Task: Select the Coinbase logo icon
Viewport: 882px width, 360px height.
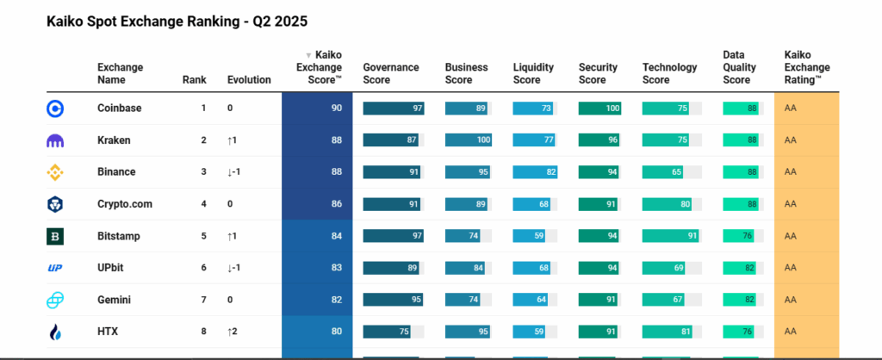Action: point(55,109)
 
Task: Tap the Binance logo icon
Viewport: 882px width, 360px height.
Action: point(55,172)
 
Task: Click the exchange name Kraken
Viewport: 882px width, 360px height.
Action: point(114,140)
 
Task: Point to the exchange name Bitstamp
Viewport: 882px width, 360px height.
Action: point(118,236)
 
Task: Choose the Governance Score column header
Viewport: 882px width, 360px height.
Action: point(391,73)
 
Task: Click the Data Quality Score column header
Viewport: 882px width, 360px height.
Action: point(736,67)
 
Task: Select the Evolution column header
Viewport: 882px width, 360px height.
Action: point(249,80)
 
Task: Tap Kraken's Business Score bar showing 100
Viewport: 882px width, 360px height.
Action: point(469,140)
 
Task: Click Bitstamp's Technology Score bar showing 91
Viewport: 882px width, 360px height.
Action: point(668,236)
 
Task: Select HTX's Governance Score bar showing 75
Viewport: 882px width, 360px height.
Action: point(387,332)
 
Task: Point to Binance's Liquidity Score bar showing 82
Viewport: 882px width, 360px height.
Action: point(535,172)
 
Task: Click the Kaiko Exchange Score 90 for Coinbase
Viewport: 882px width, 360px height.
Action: point(336,109)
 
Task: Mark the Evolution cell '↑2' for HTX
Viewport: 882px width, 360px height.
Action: point(232,332)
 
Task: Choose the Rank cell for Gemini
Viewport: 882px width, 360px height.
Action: point(203,300)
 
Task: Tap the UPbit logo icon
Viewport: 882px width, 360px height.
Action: point(55,268)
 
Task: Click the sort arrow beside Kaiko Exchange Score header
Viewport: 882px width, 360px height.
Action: point(309,55)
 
